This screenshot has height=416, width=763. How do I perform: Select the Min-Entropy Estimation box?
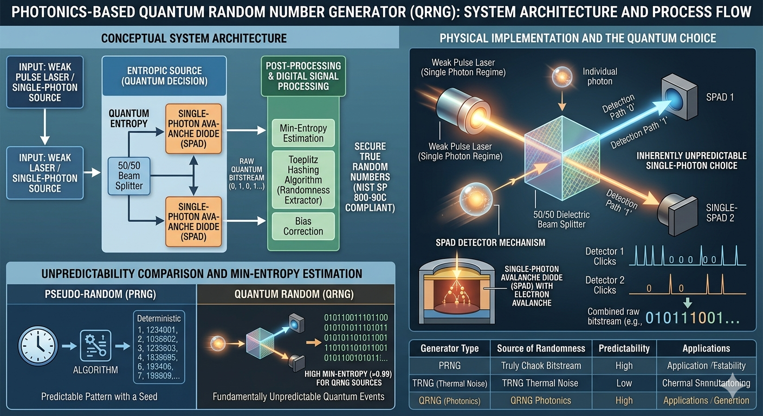[x=303, y=133]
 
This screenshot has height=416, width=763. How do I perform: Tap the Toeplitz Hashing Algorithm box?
[x=303, y=180]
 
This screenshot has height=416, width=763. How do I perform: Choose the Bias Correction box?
[x=303, y=226]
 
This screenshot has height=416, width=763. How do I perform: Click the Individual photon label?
[x=599, y=76]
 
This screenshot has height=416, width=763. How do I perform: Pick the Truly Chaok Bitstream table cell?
[x=541, y=366]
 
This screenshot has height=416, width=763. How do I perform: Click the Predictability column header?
[x=624, y=348]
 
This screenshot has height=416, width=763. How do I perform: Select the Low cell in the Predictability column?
[x=624, y=383]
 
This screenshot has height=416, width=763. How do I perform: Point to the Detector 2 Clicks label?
[x=605, y=285]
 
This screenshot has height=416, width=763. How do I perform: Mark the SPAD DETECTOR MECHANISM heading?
[x=490, y=242]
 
